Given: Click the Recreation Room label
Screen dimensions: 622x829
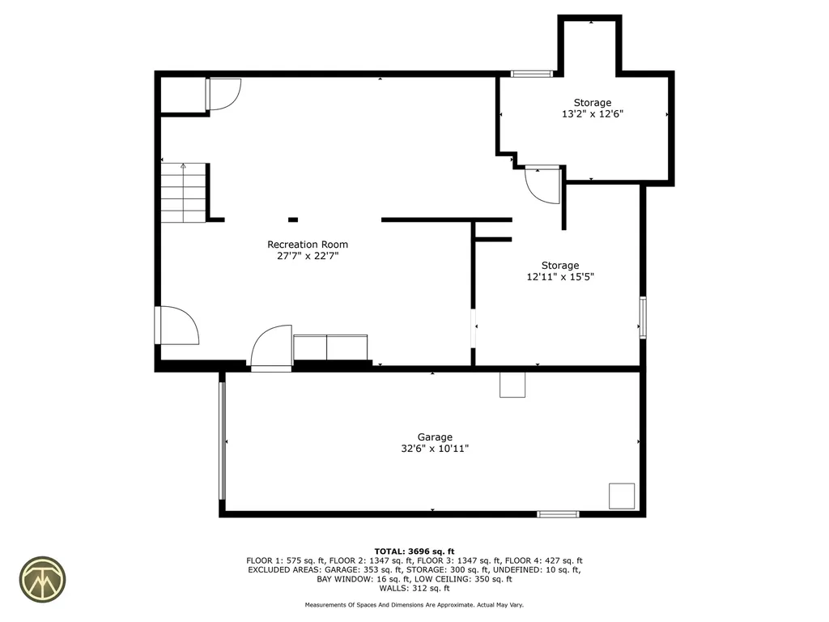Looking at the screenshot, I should [308, 245].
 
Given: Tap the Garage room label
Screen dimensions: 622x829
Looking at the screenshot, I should [435, 437].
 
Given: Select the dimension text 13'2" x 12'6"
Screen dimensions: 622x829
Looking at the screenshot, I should [592, 114].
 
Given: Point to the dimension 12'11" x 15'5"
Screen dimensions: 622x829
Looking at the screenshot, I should [560, 276].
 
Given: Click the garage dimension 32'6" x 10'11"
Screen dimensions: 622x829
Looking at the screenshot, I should [435, 448].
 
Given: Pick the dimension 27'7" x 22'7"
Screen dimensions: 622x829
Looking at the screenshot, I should [308, 256].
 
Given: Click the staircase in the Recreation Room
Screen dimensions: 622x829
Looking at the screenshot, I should [184, 194].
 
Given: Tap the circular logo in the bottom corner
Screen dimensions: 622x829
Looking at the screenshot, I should [42, 579].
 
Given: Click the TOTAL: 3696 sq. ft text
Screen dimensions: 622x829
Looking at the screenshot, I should [414, 551].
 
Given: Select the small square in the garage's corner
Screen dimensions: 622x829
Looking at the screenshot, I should [622, 496].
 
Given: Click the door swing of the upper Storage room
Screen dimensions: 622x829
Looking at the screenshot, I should [541, 185].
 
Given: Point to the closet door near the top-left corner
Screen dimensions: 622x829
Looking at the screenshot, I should [223, 93].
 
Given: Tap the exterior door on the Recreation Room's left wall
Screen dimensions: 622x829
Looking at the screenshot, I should [176, 326].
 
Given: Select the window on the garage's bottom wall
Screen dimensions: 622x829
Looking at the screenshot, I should [559, 513].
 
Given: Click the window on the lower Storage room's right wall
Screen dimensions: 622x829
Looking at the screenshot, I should [643, 317].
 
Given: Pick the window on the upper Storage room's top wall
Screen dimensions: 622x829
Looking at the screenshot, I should [532, 74].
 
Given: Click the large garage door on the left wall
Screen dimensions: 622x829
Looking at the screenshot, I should [222, 441].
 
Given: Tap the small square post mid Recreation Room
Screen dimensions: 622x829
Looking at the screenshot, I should [293, 219].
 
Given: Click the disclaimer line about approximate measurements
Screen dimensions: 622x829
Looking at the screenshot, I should [414, 605].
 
